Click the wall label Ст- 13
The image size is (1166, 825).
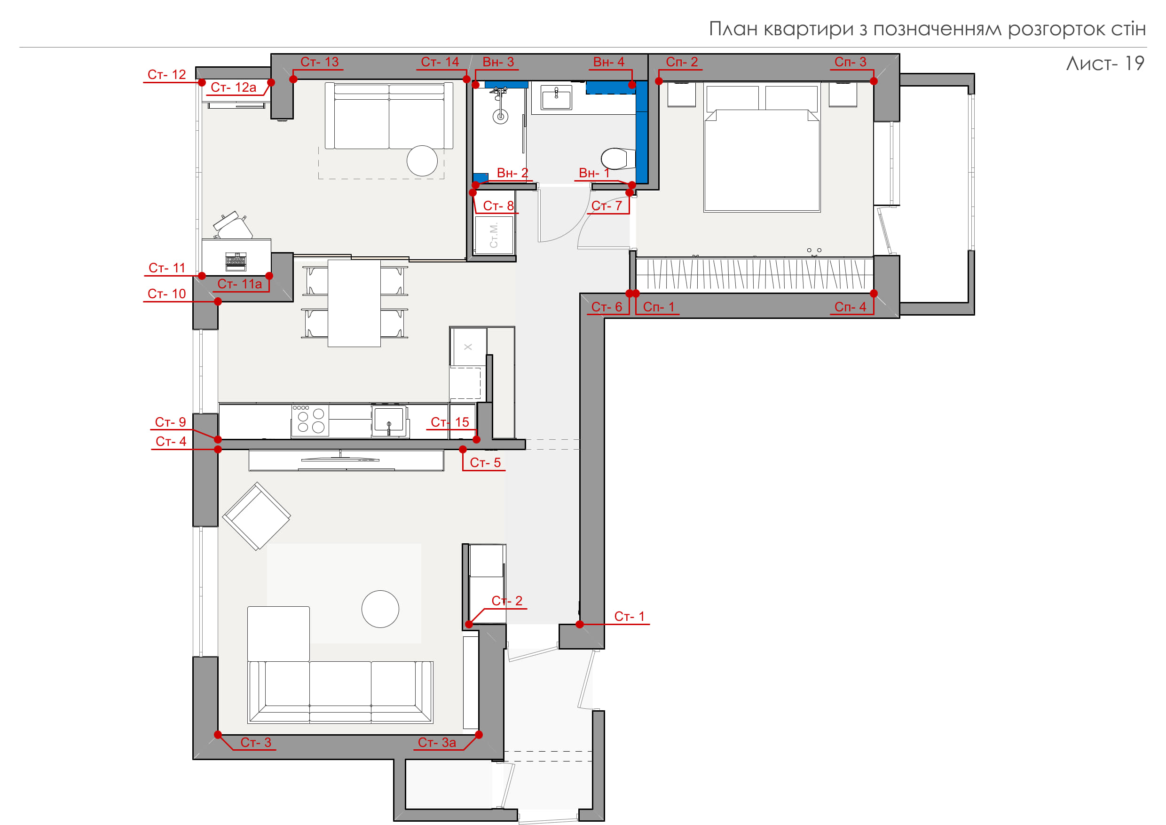[319, 62]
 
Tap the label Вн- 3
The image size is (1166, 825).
[498, 62]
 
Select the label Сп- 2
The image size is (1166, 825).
[682, 62]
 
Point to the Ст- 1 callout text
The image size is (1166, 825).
[629, 616]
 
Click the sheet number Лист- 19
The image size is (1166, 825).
[1105, 63]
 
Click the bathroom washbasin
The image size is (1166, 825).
[556, 97]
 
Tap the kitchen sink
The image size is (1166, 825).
[389, 420]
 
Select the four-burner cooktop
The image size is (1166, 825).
[310, 420]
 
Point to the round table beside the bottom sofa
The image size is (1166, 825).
[380, 609]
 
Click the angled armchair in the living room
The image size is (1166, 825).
[256, 516]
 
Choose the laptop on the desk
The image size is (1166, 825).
[236, 262]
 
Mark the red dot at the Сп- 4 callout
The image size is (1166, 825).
[874, 294]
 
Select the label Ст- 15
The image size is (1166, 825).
[450, 422]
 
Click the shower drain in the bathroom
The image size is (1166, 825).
[501, 116]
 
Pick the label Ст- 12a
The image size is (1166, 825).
[234, 87]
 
